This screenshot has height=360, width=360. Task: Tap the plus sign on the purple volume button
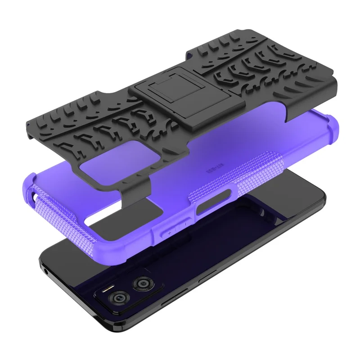coord(170,233)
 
